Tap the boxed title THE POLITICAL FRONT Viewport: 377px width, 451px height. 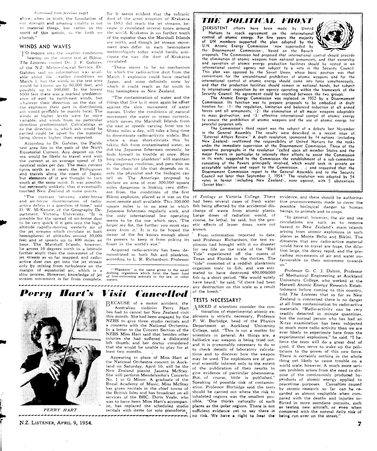tap(258, 21)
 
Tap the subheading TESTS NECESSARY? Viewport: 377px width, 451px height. tap(217, 300)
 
